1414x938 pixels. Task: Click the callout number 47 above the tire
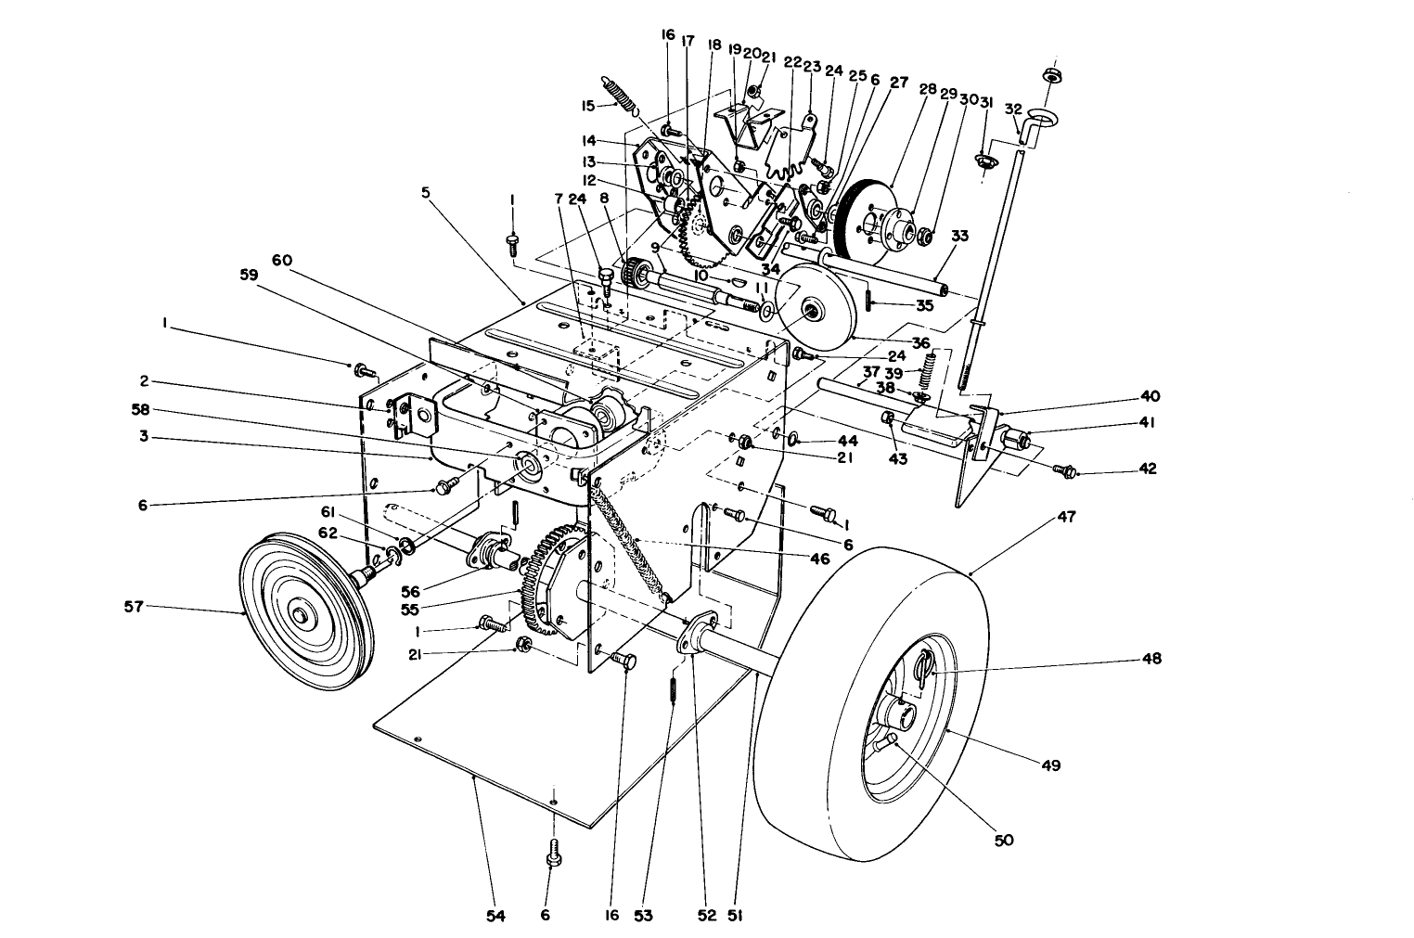(x=1067, y=516)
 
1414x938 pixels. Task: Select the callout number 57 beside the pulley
(x=134, y=606)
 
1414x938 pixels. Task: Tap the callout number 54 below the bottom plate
(x=495, y=916)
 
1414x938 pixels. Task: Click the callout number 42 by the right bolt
(x=1148, y=469)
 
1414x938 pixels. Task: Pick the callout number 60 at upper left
(x=282, y=261)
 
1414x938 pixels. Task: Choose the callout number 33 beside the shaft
(x=959, y=236)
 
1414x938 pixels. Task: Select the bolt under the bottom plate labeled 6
(x=554, y=852)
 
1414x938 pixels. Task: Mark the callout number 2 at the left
(x=145, y=381)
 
